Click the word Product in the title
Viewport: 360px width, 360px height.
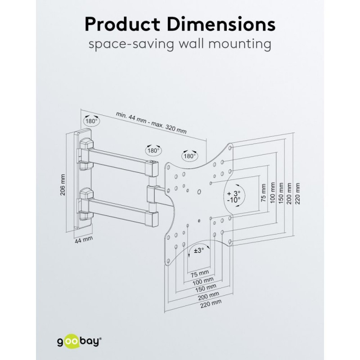[x=122, y=24]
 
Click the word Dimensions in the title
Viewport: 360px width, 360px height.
[x=221, y=24]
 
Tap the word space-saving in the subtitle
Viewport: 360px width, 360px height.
[x=131, y=44]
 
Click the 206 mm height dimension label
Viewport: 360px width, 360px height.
[x=63, y=185]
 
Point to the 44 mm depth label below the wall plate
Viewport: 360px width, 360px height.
[x=84, y=240]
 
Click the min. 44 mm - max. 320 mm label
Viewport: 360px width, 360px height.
[x=151, y=122]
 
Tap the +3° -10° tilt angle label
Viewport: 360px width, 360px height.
[x=234, y=196]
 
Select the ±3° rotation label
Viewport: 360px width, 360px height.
[x=199, y=250]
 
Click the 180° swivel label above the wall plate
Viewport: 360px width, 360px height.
[x=91, y=121]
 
